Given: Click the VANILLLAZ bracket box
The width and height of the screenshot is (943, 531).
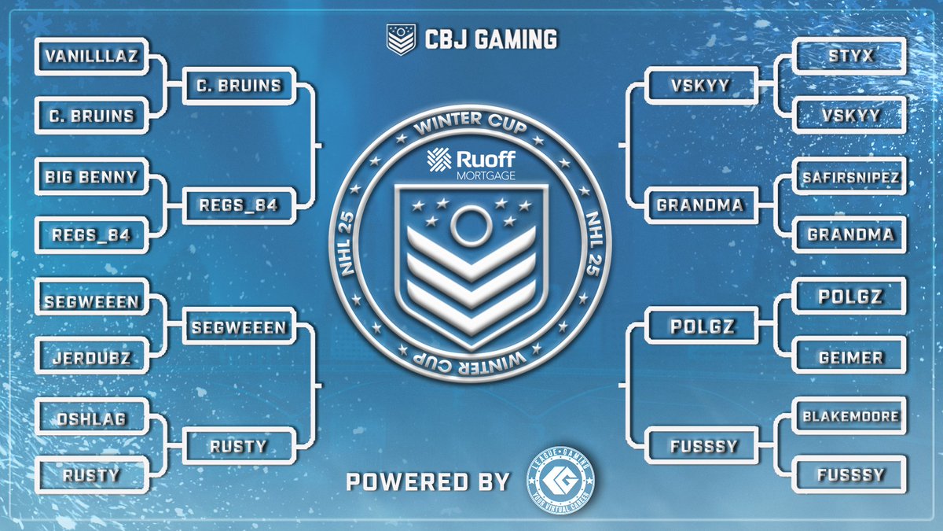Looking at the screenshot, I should (x=91, y=57).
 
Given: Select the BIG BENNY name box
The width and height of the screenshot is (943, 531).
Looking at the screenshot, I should (x=91, y=175).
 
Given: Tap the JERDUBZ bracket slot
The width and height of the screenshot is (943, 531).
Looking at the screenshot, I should (x=91, y=357).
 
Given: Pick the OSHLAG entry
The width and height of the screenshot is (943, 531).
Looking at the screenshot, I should (x=91, y=419).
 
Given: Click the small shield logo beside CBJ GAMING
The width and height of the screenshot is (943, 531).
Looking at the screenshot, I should (x=400, y=39).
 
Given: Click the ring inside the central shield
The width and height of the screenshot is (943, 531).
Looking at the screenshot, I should (x=470, y=227).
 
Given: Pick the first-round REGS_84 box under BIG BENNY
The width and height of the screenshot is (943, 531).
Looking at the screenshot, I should (x=91, y=234).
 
